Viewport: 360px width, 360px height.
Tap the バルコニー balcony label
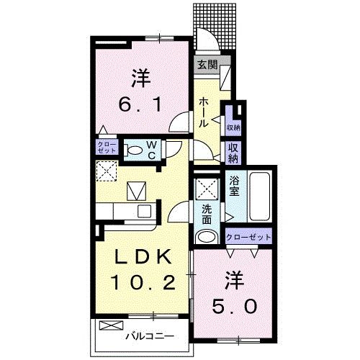(147, 335)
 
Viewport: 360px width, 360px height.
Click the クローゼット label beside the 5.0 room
(249, 237)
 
